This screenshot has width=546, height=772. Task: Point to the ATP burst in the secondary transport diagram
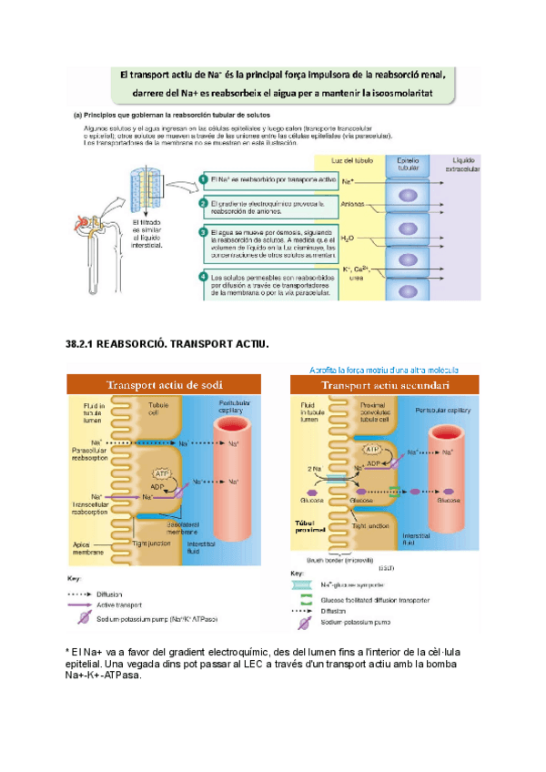[372, 450]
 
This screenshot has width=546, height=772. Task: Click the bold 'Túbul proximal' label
[307, 528]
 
